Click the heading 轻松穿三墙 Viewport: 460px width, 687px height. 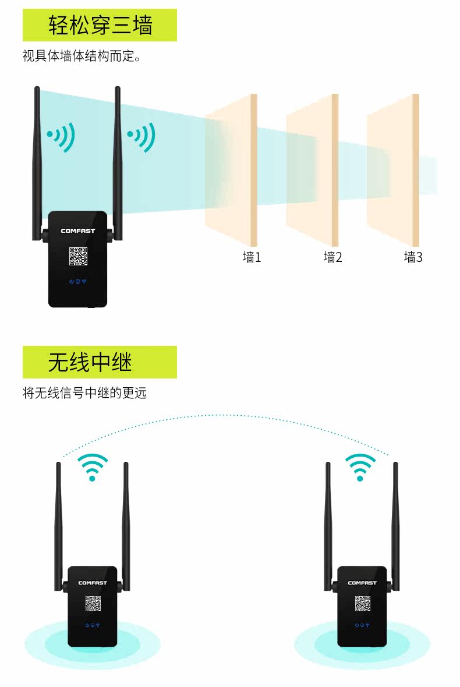[x=100, y=25]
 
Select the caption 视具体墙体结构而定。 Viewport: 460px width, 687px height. [x=82, y=57]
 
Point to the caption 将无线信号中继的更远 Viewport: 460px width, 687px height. [x=84, y=393]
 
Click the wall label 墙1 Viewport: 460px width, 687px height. [x=252, y=257]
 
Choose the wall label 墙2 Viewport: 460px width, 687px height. [x=332, y=257]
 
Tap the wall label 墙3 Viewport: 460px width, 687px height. [x=413, y=257]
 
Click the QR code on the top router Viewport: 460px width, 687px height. [x=78, y=257]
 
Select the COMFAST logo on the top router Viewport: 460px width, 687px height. [x=77, y=231]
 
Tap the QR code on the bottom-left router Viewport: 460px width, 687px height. [x=93, y=604]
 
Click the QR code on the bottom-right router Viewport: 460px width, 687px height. [x=362, y=604]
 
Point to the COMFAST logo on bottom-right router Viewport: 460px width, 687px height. [x=362, y=583]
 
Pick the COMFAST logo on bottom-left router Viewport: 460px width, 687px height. [x=93, y=583]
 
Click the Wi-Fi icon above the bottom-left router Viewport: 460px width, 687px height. [x=93, y=467]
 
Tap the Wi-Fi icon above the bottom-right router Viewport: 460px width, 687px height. [x=360, y=467]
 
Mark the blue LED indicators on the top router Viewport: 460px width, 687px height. [x=77, y=282]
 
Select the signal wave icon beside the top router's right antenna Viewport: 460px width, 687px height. [x=142, y=136]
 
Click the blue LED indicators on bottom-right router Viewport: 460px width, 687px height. [x=362, y=625]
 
